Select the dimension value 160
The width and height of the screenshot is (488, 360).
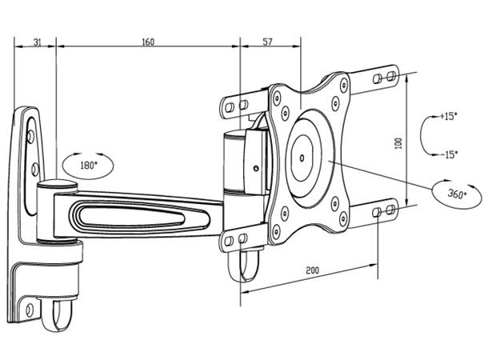(x=147, y=42)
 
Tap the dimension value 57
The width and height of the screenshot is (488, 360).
(x=268, y=42)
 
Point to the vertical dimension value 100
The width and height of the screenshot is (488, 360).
(x=398, y=142)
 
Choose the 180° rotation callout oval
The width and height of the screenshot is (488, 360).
(x=88, y=165)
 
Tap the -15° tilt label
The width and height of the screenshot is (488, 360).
(x=448, y=154)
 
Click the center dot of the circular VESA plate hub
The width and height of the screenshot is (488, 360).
(x=302, y=155)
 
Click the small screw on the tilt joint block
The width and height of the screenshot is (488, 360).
(x=255, y=169)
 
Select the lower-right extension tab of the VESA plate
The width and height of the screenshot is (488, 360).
(x=382, y=211)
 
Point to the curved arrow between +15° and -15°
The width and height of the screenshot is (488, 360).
(x=426, y=135)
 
